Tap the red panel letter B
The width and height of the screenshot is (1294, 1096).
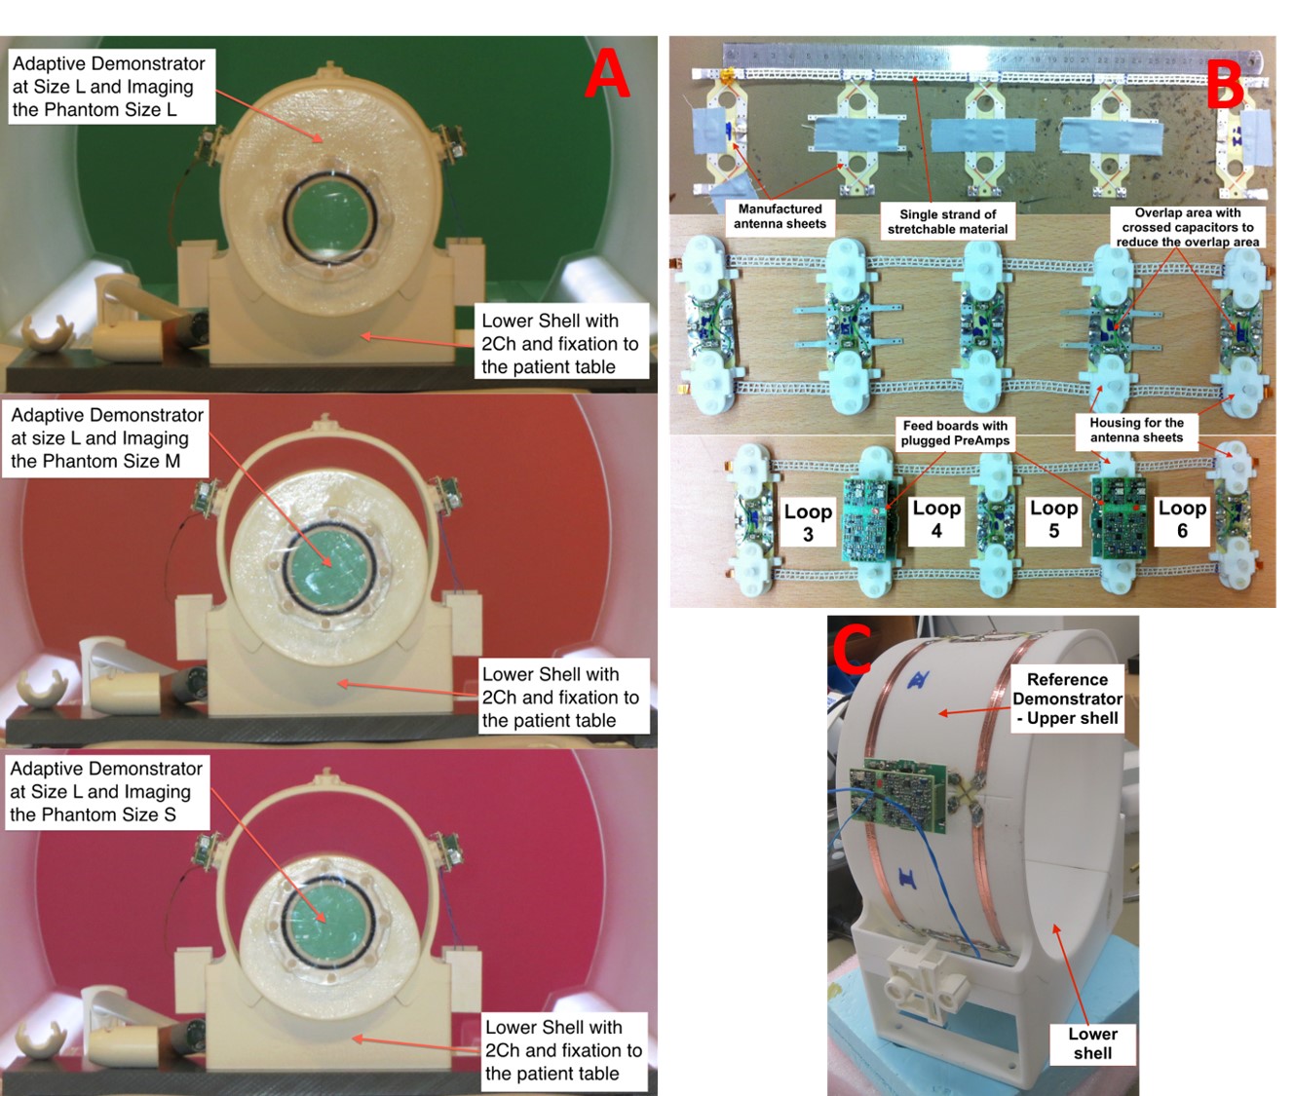point(1226,84)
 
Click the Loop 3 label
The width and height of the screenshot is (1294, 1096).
point(808,522)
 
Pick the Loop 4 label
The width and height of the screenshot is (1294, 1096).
point(936,519)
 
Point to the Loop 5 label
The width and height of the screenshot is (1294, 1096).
point(1053,519)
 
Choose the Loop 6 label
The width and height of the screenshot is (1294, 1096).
point(1182,519)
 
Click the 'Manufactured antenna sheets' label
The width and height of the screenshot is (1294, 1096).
point(780,216)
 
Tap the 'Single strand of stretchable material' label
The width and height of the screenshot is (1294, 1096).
point(947,222)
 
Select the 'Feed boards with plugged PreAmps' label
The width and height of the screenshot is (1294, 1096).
point(955,433)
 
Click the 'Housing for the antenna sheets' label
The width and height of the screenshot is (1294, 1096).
point(1136,430)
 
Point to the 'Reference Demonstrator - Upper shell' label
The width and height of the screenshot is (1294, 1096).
point(1068,699)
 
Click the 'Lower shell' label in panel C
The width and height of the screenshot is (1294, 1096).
point(1092,1043)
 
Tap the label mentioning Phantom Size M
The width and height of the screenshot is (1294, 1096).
point(106,438)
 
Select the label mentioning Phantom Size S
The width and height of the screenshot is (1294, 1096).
point(106,791)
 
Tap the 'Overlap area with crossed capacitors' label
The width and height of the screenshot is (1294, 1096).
point(1187,227)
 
